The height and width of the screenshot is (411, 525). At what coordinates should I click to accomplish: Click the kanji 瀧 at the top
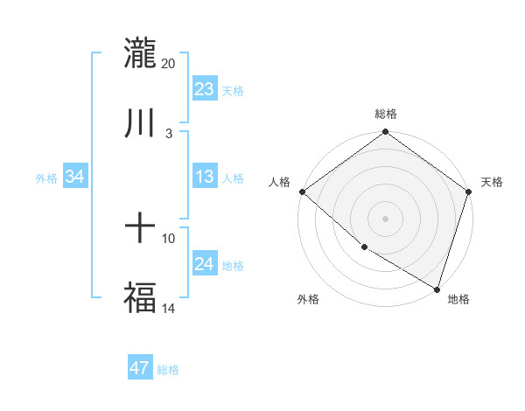140,53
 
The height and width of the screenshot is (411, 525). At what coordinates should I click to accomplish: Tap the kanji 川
140,122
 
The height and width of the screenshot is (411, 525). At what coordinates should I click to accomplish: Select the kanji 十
140,229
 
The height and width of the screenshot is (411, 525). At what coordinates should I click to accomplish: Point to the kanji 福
140,296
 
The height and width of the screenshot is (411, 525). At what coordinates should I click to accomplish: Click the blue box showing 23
205,89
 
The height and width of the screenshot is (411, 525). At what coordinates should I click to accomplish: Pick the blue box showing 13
205,177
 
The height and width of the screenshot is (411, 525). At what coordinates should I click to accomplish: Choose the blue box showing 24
205,264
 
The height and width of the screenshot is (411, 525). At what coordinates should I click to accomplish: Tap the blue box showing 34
75,177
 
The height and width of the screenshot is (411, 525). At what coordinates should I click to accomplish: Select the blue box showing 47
140,368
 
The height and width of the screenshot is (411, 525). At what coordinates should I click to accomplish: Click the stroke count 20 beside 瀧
168,64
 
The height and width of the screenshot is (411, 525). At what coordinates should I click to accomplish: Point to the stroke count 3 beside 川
168,133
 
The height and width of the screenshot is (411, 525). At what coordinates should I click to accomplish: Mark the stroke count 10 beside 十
168,239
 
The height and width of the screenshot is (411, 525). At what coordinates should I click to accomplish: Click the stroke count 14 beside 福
168,307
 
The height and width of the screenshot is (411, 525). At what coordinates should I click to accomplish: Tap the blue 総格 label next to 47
168,370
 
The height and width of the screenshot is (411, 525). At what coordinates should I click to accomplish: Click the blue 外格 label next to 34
46,178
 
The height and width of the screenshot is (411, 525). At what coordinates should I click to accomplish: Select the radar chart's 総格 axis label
385,114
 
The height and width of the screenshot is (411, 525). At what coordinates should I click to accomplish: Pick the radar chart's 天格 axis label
492,182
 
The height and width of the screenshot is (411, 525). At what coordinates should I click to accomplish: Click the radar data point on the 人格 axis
302,192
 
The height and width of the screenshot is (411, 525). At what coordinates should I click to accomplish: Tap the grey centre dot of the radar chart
385,219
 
